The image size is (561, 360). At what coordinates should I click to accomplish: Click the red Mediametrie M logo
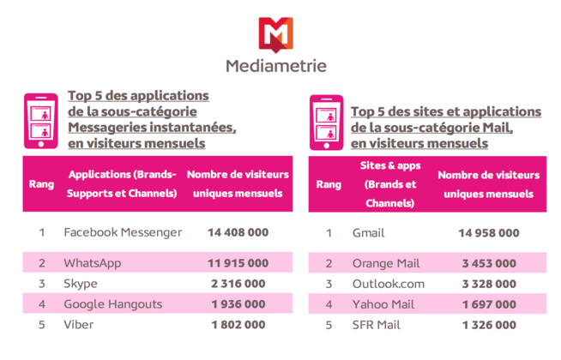pos(275,34)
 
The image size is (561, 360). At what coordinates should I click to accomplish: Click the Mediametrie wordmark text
pos(275,66)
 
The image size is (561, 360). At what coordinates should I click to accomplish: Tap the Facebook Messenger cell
pos(123,232)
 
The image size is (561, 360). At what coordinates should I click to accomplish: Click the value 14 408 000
pos(238,232)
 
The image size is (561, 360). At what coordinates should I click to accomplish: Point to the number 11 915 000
pos(238,263)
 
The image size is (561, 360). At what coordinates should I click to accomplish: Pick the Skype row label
pos(81,284)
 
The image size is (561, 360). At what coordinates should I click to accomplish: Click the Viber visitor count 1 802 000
pos(238,325)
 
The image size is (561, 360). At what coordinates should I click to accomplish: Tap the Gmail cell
pos(369,232)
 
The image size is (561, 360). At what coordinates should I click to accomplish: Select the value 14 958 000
pos(488,232)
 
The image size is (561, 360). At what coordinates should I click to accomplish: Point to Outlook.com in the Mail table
pos(389,284)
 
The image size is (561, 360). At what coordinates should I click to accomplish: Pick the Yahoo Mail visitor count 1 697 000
pos(488,304)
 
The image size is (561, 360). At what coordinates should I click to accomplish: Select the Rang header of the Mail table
pos(329,184)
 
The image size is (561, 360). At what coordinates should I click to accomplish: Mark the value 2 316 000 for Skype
pos(238,284)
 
